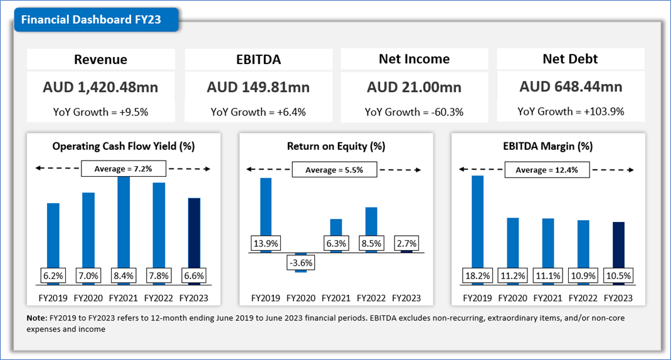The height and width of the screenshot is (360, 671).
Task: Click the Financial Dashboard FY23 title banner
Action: pos(92,19)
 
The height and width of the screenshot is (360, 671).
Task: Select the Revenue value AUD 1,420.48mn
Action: pos(101,87)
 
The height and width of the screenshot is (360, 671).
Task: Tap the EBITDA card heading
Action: pos(258,60)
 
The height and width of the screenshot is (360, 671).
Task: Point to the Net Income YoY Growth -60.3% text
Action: pos(414,112)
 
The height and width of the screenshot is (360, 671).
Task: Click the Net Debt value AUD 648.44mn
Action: pos(571,87)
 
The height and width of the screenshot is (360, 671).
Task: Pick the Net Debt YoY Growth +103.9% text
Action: pos(571,112)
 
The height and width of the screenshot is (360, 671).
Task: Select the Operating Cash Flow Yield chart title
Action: pos(124,146)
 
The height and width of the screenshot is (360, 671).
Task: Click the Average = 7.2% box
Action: pos(123,169)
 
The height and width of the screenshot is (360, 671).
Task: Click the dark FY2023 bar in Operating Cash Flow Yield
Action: pos(194,232)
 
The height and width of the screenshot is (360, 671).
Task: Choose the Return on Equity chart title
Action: pos(335,146)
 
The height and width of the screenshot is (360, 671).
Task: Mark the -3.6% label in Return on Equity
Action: pos(301,262)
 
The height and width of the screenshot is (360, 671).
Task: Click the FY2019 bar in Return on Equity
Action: pos(266,207)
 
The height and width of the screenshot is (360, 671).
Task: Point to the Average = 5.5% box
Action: pos(334,170)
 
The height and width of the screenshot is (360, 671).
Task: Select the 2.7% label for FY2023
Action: pos(407,243)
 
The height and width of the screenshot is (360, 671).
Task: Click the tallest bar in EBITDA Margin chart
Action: pos(478,220)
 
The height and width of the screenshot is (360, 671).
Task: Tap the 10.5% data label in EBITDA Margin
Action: pos(619,275)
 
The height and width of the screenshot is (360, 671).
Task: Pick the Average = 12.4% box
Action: pos(547,170)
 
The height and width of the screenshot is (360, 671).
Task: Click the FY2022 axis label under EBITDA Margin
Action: pos(583,298)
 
